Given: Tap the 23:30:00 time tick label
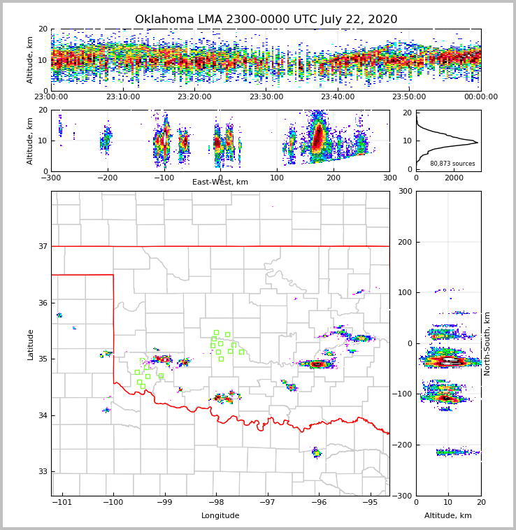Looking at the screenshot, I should (x=266, y=97).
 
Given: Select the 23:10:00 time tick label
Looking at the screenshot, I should (x=122, y=97).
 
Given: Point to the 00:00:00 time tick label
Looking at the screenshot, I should (x=481, y=97).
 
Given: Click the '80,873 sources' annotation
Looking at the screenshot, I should (x=452, y=164).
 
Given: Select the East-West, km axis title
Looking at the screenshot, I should (x=220, y=182).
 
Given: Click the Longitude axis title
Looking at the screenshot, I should (x=220, y=516).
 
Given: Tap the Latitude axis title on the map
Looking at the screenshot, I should (x=31, y=344).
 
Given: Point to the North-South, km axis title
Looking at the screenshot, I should (x=487, y=343).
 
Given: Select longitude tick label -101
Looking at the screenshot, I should (x=62, y=503).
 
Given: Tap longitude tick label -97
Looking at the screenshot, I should (x=267, y=503).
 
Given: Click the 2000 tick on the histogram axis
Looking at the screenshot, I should (x=454, y=178).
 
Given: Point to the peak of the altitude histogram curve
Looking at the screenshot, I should (x=478, y=143).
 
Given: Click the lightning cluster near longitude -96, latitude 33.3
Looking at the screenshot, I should (x=317, y=453).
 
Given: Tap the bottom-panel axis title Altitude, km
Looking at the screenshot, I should (x=448, y=516).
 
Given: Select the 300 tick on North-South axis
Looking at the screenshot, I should (x=405, y=192).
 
